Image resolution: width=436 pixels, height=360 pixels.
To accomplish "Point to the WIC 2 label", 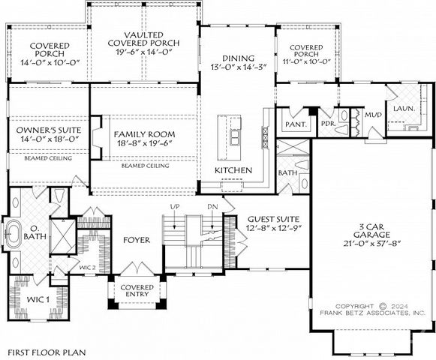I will click(87, 267).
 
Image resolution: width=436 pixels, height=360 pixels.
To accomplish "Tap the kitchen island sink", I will click(235, 138).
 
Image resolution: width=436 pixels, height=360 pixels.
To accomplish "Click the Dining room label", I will click(239, 58).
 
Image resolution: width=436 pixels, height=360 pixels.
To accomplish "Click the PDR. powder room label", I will click(327, 123).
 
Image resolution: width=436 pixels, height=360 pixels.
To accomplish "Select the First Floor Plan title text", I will click(47, 351).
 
